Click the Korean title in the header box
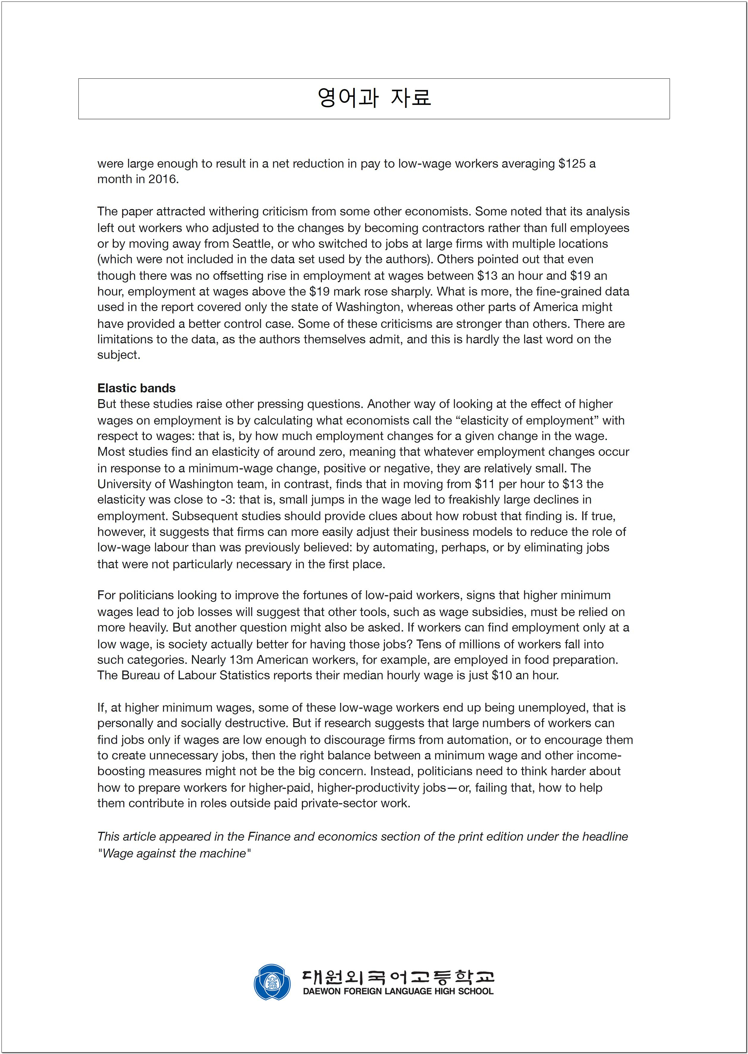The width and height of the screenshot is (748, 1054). (374, 98)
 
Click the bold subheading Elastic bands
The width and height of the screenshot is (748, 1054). (136, 388)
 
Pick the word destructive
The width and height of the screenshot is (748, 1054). (252, 724)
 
